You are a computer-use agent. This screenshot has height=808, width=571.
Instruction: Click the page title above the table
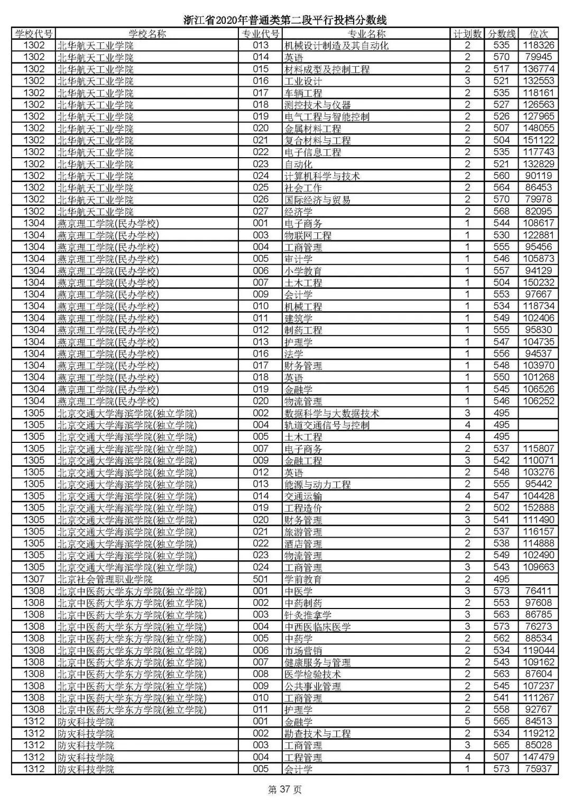pyautogui.click(x=285, y=21)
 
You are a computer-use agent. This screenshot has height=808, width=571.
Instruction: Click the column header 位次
pyautogui.click(x=538, y=34)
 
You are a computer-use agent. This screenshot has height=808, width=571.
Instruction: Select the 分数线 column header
pyautogui.click(x=501, y=34)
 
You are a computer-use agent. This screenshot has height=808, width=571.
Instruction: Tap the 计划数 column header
pyautogui.click(x=467, y=34)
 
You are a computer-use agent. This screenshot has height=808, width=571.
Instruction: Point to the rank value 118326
pyautogui.click(x=538, y=46)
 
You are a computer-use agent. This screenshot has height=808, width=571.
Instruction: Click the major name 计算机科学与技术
pyautogui.click(x=322, y=176)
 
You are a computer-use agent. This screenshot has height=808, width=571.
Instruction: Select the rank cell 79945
pyautogui.click(x=538, y=57)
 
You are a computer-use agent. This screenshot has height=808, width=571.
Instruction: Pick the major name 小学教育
pyautogui.click(x=303, y=271)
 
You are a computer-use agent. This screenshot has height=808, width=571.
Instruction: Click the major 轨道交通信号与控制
pyautogui.click(x=327, y=425)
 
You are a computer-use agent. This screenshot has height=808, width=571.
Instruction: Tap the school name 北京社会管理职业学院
pyautogui.click(x=105, y=579)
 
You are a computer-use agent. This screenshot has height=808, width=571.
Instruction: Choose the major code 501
pyautogui.click(x=261, y=579)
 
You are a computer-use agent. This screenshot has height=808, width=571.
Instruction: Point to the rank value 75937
pyautogui.click(x=538, y=769)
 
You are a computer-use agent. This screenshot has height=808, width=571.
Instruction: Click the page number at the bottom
pyautogui.click(x=285, y=790)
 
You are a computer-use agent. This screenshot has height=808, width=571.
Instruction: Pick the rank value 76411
pyautogui.click(x=538, y=591)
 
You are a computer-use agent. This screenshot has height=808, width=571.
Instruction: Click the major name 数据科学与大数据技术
pyautogui.click(x=331, y=413)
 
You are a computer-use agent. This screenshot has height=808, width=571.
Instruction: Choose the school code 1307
pyautogui.click(x=34, y=579)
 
